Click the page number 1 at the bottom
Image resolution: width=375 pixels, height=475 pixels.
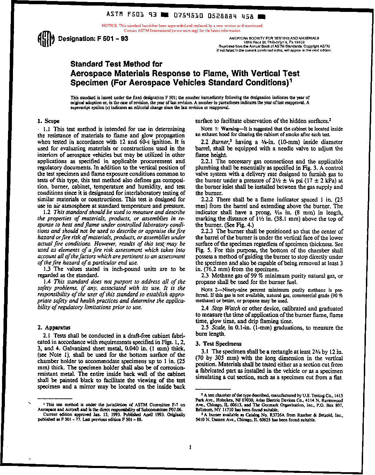point(190,447)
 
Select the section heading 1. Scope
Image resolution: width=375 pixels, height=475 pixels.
point(49,121)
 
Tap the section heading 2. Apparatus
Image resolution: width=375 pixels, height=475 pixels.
point(54,328)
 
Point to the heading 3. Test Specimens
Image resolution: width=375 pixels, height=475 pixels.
point(219,344)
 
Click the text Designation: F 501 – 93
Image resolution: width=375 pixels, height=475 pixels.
point(93,39)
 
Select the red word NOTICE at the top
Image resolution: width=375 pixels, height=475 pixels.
point(109,26)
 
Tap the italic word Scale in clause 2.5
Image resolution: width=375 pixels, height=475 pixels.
point(219,328)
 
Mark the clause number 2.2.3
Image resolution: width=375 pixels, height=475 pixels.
point(208,231)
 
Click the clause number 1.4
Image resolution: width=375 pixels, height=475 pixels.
point(47,282)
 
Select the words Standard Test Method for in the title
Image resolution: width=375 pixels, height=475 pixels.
point(116,64)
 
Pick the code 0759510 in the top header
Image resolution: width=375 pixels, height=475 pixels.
point(187,16)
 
